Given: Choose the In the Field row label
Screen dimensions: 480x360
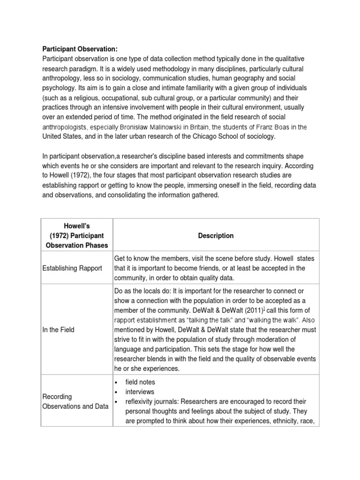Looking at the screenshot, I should tap(59, 330).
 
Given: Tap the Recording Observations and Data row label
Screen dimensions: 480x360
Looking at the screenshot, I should tap(75, 402).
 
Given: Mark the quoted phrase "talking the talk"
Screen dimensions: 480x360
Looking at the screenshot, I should tap(204, 320).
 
